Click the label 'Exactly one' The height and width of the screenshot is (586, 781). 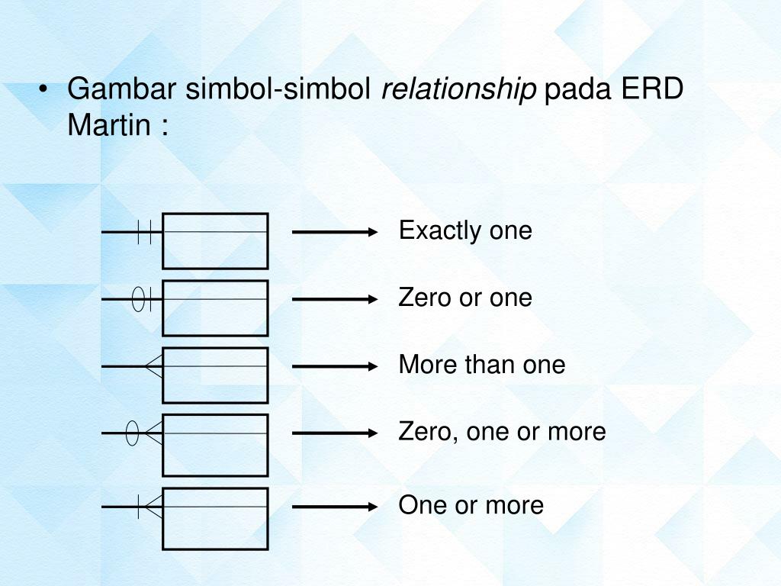point(465,230)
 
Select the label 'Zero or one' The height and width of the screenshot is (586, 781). point(465,298)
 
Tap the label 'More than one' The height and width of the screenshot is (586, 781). point(482,365)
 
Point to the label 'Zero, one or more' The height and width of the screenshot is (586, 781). point(502,432)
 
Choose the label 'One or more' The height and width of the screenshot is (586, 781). point(471,505)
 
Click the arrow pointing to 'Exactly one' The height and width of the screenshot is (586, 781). point(335,231)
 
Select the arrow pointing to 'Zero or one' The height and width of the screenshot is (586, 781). point(335,299)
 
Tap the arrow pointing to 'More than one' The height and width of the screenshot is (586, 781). point(335,366)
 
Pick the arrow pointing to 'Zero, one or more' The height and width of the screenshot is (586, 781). point(335,433)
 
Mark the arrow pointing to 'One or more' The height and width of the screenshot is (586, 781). point(335,506)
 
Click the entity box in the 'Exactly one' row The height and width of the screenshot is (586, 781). point(215,241)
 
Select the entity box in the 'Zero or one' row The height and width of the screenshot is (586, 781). point(215,308)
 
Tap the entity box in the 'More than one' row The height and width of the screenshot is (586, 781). point(215,375)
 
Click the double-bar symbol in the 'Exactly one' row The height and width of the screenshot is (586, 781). point(145,231)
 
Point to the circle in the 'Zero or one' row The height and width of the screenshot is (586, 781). point(138,299)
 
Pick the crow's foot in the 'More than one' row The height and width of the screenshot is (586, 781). point(154,367)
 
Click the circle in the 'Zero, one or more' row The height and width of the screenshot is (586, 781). point(132,433)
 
